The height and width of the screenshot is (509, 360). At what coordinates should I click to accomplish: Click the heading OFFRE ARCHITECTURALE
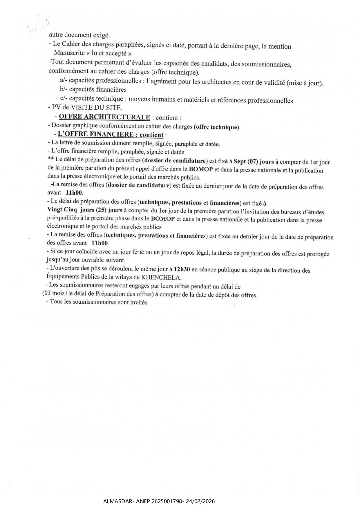pyautogui.click(x=104, y=117)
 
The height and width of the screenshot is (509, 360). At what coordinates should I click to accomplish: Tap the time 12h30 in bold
pyautogui.click(x=182, y=269)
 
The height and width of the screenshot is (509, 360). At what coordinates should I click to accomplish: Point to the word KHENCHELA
pyautogui.click(x=163, y=278)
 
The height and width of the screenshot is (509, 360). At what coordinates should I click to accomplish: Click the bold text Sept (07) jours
pyautogui.click(x=254, y=162)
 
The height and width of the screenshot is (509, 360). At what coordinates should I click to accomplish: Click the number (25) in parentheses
pyautogui.click(x=101, y=210)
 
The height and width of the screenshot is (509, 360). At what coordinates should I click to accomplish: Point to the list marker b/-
pyautogui.click(x=64, y=89)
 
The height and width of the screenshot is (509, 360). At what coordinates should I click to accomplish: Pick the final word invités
pyautogui.click(x=139, y=302)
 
